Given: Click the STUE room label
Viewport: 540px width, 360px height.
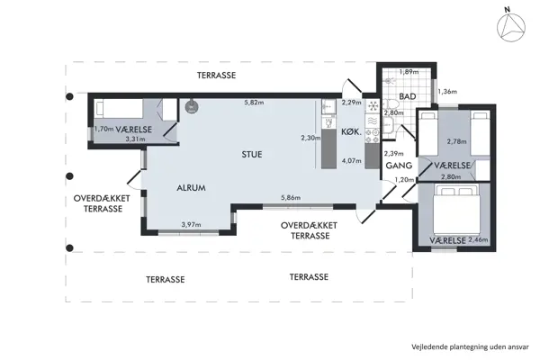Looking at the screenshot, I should click(x=252, y=154).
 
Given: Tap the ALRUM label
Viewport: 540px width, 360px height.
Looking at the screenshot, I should click(x=191, y=188).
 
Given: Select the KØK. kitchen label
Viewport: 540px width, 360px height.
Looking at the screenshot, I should click(x=351, y=132).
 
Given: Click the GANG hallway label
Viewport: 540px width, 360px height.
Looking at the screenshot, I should click(x=398, y=166).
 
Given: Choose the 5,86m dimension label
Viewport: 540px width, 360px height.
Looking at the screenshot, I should click(x=290, y=197).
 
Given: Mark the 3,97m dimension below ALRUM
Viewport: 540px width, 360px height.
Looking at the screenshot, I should click(x=191, y=224).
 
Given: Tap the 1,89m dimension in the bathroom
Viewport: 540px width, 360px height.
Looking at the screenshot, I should click(x=409, y=72).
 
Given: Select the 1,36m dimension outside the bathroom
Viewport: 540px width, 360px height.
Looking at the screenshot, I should click(x=447, y=91).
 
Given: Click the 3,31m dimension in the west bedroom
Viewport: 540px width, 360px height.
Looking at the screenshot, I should click(x=135, y=139).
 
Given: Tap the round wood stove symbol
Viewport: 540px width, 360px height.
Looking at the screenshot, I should click(x=191, y=105).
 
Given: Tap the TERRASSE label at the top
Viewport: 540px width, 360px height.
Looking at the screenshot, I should click(x=216, y=76).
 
